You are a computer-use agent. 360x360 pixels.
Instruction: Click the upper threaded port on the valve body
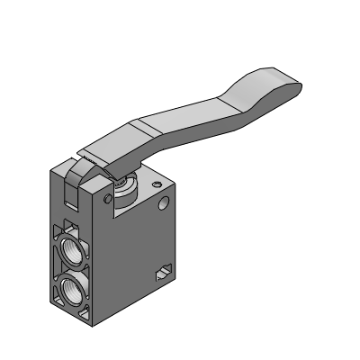[71, 247]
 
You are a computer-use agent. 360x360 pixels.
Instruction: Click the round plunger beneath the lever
[123, 185]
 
